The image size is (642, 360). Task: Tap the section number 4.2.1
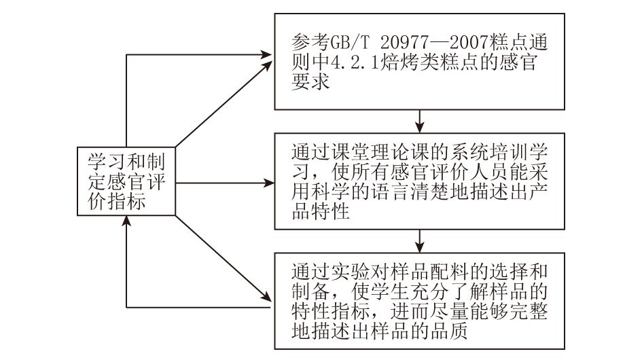(355, 62)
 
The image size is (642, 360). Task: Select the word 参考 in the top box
(310, 42)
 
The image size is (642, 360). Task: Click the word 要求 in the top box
(310, 82)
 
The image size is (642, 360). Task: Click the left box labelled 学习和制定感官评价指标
(126, 181)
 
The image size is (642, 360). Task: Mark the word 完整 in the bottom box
(529, 311)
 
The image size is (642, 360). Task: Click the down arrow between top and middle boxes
(419, 121)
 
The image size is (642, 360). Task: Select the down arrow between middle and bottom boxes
(419, 241)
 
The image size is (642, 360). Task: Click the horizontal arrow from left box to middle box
(225, 183)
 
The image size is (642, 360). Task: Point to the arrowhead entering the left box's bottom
(126, 221)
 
